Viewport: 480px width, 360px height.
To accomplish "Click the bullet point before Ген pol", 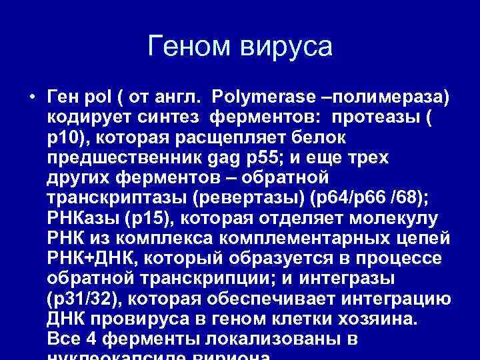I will pos(32,97).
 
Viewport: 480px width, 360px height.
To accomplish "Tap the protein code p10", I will pos(64,138).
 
